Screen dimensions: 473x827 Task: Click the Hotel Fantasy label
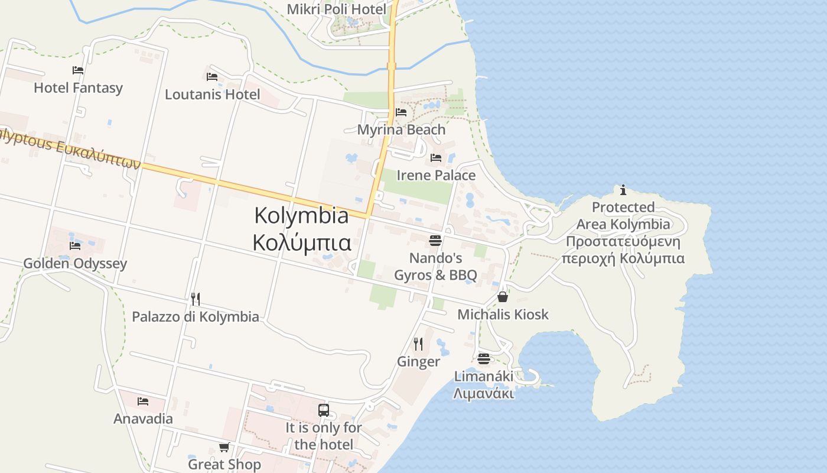[x=78, y=88]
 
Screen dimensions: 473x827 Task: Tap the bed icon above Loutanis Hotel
[x=212, y=77]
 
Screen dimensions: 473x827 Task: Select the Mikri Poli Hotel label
[x=336, y=9]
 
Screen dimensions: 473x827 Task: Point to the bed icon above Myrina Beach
[x=401, y=112]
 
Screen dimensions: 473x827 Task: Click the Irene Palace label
[x=436, y=176]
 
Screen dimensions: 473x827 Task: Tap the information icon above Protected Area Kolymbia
[x=623, y=190]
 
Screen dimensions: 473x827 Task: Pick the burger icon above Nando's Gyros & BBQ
[x=435, y=241]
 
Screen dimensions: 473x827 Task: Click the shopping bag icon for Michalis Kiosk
[x=502, y=297]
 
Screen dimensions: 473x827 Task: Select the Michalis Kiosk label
[x=503, y=315]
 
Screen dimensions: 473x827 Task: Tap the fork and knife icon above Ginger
[x=418, y=344]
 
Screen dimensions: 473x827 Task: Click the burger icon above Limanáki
[x=484, y=359]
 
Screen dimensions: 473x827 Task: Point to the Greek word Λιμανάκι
[x=483, y=393]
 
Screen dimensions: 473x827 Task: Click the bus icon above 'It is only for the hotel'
[x=324, y=410]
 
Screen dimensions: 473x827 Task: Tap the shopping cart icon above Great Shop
[x=224, y=447]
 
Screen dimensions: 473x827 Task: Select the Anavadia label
[x=143, y=419]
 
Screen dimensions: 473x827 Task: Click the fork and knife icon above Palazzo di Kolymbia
[x=196, y=299]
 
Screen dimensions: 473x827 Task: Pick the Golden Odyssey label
[x=75, y=264]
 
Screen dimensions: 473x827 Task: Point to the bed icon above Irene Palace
[x=436, y=158]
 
